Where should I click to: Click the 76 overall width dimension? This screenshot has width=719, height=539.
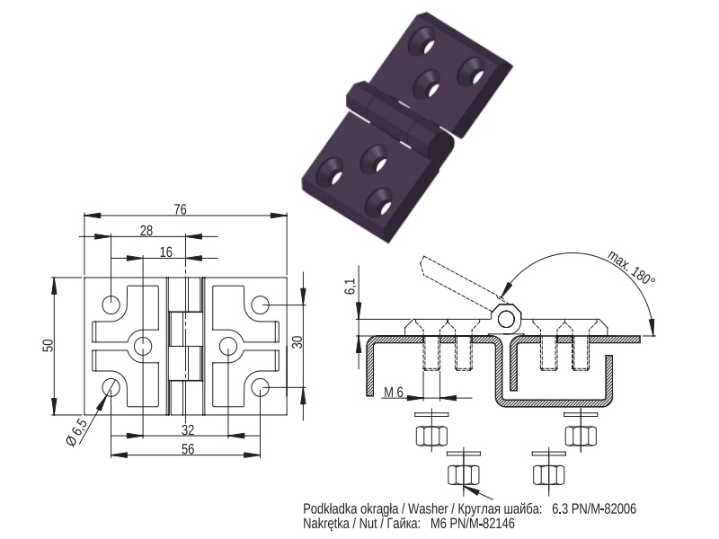181,209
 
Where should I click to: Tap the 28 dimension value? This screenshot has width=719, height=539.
146,231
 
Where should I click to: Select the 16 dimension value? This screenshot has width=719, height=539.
166,252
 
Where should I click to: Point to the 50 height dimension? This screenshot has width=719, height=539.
49,346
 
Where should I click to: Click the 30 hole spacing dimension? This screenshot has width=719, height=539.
297,342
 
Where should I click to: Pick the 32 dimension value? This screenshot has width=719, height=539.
188,430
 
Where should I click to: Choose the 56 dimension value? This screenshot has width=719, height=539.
188,449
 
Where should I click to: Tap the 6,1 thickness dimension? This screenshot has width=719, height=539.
351,286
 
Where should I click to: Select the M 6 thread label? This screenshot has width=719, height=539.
394,393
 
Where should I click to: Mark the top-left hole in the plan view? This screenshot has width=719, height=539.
111,305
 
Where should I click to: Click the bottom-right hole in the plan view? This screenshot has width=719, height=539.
260,388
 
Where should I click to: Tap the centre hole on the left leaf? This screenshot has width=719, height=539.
143,346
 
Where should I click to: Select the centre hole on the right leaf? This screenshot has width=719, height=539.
228,346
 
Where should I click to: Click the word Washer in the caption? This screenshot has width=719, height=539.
428,508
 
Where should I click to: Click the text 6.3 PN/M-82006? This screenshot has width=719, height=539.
594,508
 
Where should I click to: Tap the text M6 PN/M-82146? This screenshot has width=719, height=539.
473,524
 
